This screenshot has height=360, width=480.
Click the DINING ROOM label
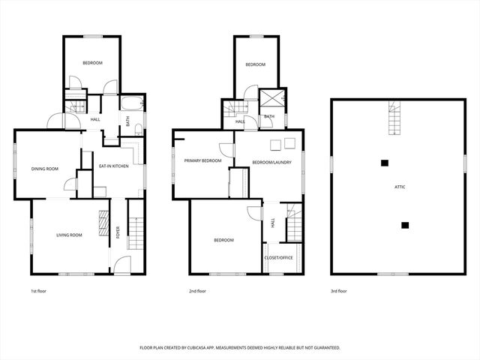tap(45, 169)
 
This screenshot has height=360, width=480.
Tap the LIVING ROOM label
tap(69, 235)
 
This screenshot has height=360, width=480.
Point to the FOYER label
tap(118, 232)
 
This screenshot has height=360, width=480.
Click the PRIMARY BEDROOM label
tap(202, 160)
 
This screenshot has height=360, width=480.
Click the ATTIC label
tap(400, 187)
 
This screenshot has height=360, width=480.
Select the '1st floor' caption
tap(38, 291)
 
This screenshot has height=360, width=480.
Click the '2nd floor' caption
tap(198, 291)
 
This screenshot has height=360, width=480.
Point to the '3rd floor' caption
tap(339, 291)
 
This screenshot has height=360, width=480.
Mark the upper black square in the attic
tap(385, 163)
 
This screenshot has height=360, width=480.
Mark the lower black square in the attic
tap(405, 224)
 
